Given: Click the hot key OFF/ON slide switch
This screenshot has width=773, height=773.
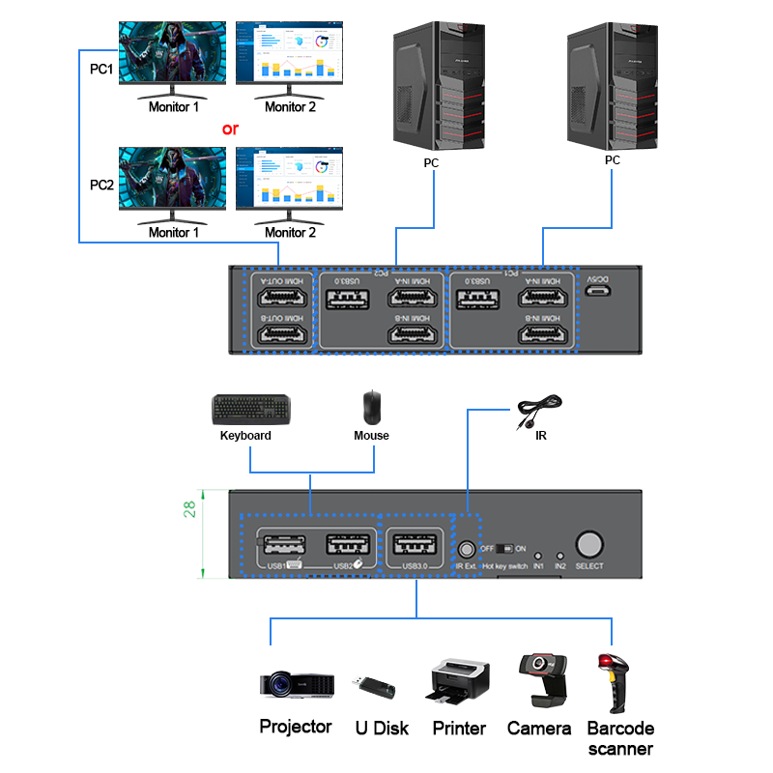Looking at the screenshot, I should point(505,548).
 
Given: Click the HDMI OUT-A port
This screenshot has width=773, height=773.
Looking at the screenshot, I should point(279,296).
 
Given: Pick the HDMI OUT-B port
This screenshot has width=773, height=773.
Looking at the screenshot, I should point(279,333).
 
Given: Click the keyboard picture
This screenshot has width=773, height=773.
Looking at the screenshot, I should point(251,410).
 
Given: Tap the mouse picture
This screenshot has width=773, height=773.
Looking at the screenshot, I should point(372,407).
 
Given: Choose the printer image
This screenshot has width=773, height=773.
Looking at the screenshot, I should point(459,682).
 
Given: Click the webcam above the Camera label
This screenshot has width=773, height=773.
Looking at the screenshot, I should point(538,676).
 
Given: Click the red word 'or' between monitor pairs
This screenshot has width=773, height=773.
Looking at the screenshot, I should point(230,128).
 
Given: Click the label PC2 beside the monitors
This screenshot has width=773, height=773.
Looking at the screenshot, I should point(101,185).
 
